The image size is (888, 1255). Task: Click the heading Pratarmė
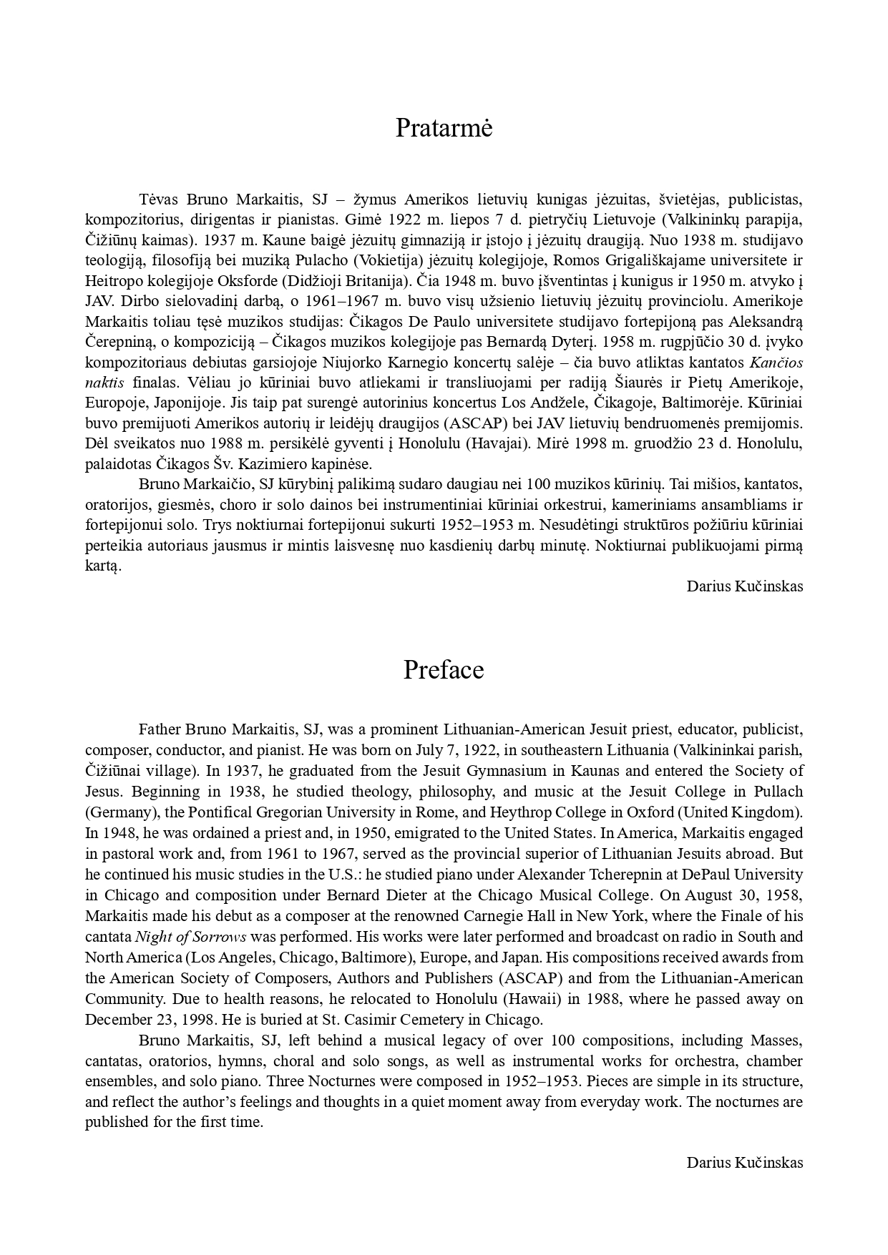444,129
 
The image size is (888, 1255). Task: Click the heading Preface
444,670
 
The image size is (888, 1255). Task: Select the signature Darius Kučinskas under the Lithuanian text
744,586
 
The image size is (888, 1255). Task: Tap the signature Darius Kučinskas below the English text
744,1162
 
